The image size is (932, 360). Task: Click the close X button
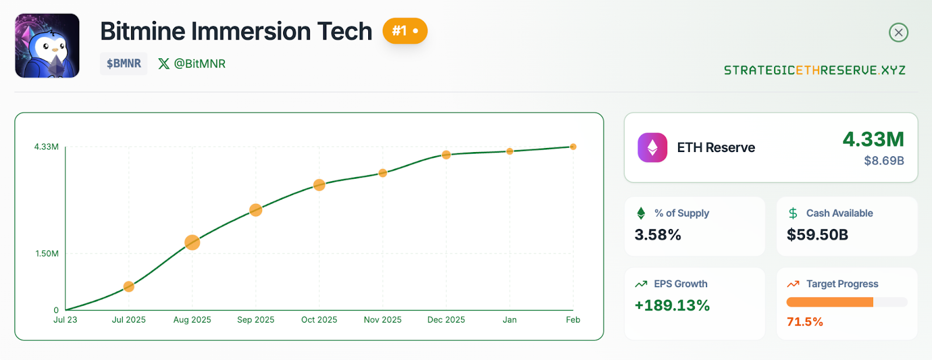[898, 33]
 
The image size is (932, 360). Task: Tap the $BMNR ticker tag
[123, 63]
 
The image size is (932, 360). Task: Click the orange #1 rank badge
[405, 31]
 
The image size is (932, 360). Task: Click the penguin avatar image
[47, 46]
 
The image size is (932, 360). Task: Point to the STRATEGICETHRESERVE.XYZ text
[814, 70]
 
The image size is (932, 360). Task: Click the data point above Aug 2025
[192, 242]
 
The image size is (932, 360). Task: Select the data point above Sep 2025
[256, 210]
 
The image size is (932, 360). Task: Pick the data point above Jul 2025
[129, 287]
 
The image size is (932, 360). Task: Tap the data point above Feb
[573, 147]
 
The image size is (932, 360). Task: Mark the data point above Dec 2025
[446, 155]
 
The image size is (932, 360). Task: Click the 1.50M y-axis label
[47, 253]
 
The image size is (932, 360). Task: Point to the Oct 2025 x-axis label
[319, 320]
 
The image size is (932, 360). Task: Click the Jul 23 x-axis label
[65, 320]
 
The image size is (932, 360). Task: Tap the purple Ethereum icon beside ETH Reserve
[652, 147]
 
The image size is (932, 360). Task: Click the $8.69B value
[884, 161]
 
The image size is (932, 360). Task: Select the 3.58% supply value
[658, 235]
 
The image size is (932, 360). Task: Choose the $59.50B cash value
[817, 235]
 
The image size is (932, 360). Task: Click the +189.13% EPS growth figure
[672, 305]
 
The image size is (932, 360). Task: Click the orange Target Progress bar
[830, 302]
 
